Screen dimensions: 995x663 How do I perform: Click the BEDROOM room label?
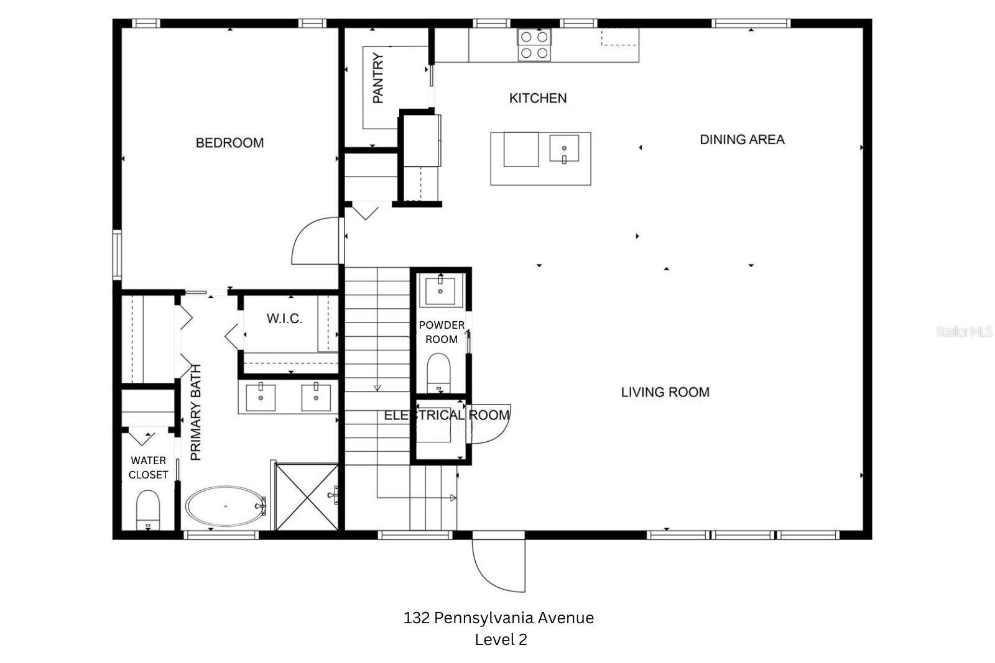229,143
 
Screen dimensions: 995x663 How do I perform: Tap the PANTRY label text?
378,78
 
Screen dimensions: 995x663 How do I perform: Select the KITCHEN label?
538,98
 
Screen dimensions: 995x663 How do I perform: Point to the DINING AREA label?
743,140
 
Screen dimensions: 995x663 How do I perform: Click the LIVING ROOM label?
665,392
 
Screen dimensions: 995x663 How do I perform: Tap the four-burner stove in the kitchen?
534,45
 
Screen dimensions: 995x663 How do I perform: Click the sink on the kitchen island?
564,149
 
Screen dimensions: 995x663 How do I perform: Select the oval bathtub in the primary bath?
226,506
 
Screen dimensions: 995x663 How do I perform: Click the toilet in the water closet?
148,510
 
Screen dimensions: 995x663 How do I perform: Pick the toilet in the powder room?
438,373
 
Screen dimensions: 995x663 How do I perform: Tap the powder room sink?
440,291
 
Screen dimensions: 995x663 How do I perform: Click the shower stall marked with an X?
307,496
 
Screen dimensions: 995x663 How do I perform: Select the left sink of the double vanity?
261,398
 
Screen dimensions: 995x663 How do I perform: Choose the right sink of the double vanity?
316,398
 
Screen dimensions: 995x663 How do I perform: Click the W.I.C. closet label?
284,319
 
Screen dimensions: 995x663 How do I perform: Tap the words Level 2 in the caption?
501,639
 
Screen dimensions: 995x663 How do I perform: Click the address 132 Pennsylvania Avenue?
498,618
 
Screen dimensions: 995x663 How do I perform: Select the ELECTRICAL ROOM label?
447,415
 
